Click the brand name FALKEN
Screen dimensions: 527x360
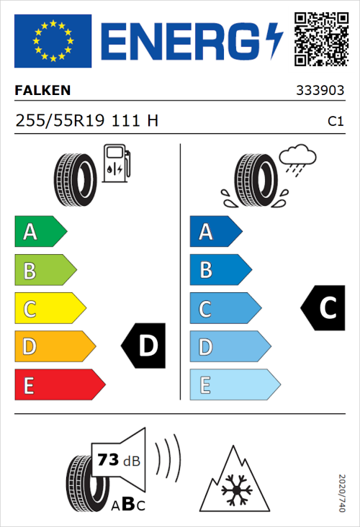point(43,91)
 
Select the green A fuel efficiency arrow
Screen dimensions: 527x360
point(40,232)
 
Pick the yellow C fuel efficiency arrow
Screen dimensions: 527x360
point(49,309)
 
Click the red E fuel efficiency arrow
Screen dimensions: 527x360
point(59,385)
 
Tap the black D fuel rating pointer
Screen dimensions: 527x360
point(144,346)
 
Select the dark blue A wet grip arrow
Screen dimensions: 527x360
point(215,232)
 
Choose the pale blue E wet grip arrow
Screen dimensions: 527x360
point(234,385)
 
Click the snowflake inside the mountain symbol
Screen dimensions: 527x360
point(235,491)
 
